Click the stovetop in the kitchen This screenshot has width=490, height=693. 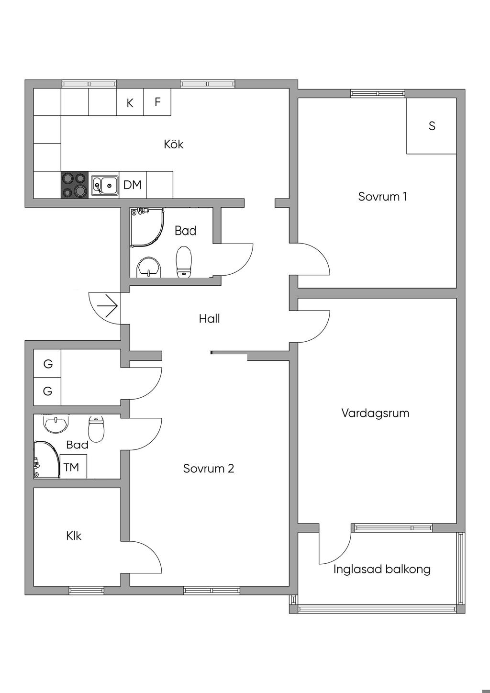pos(75,185)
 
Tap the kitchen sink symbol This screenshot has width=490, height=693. pos(104,185)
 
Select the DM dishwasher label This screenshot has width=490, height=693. pos(133,185)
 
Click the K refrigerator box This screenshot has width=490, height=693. pos(130,102)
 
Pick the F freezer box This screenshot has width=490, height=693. pos(157,102)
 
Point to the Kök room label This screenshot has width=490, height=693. pos(173,144)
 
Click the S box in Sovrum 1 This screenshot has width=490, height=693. pos(432,126)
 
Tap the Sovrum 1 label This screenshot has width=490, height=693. pos(382,196)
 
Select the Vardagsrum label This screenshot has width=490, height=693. pos(375,413)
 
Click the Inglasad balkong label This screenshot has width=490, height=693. pos(382,569)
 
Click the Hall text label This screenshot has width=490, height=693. pos(209,318)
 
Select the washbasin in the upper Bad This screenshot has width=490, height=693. pos(149,268)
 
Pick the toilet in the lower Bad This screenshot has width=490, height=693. pos(96,429)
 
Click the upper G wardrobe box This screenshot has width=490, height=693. pos(48,364)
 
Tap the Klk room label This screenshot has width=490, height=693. pos(74,536)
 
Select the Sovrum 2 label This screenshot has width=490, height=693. pos(209,468)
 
